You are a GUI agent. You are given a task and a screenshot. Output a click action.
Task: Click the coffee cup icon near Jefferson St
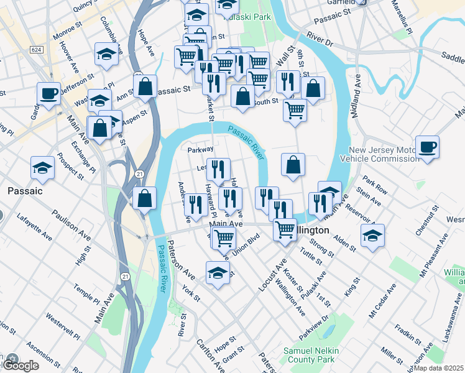48,94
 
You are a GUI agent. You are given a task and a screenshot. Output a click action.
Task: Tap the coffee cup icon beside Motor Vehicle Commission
428,147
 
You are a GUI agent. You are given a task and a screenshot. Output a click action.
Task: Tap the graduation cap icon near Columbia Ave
107,54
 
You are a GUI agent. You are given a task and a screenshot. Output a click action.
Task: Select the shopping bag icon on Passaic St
145,87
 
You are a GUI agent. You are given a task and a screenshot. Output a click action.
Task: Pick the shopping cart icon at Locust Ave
285,229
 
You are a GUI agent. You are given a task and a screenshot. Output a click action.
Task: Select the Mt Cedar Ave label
382,302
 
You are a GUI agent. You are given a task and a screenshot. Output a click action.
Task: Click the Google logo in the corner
21,366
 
